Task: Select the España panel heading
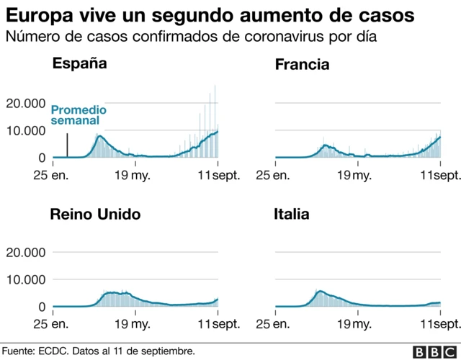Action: tap(79, 63)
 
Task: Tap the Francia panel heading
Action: tap(302, 65)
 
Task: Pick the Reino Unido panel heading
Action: tap(94, 215)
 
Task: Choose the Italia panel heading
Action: tap(292, 215)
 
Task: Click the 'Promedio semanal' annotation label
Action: tap(79, 116)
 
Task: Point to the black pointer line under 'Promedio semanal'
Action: tap(68, 145)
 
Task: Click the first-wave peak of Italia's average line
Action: tap(319, 292)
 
